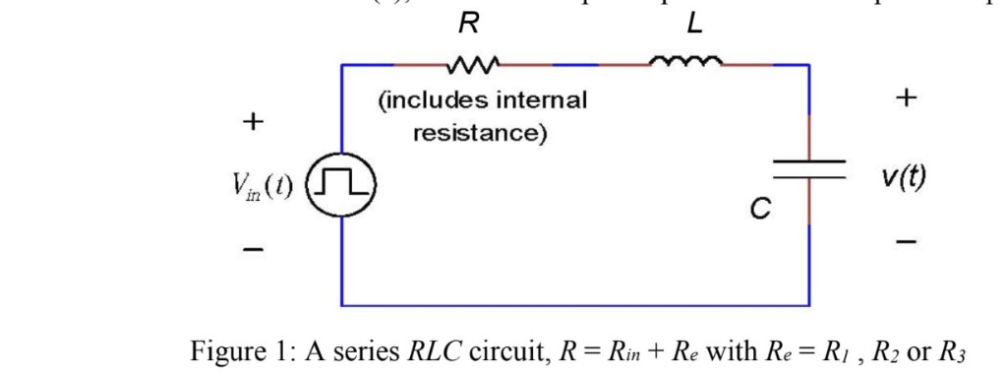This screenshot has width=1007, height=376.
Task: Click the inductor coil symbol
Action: tap(687, 63)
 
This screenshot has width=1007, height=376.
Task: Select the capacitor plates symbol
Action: tap(808, 169)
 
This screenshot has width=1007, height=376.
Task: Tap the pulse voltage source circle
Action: tap(341, 184)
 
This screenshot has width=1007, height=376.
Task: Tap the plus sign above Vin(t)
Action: tap(254, 123)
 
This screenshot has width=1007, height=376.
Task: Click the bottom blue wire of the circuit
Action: tap(575, 304)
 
